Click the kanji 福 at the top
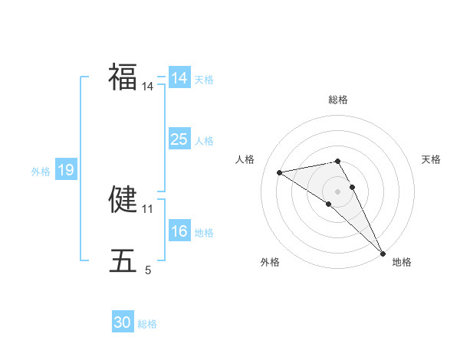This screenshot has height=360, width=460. (123, 77)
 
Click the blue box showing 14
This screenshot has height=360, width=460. (179, 78)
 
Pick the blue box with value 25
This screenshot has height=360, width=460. (179, 139)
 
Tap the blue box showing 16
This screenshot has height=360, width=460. (179, 231)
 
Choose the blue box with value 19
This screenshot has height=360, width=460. (66, 170)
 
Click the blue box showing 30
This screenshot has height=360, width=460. (123, 322)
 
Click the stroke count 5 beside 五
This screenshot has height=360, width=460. (148, 270)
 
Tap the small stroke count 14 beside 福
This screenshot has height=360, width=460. (148, 87)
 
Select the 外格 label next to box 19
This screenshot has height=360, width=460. (41, 172)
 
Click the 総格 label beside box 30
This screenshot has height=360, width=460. (147, 324)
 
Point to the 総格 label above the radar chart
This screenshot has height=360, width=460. (338, 100)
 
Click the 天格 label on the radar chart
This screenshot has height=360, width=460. (431, 159)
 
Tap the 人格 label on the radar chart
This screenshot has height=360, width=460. (245, 159)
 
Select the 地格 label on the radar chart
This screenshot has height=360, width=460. (402, 263)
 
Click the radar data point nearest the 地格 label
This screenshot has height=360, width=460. (382, 252)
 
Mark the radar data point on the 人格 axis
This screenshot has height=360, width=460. (280, 172)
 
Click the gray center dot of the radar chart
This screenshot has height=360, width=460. (337, 191)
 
